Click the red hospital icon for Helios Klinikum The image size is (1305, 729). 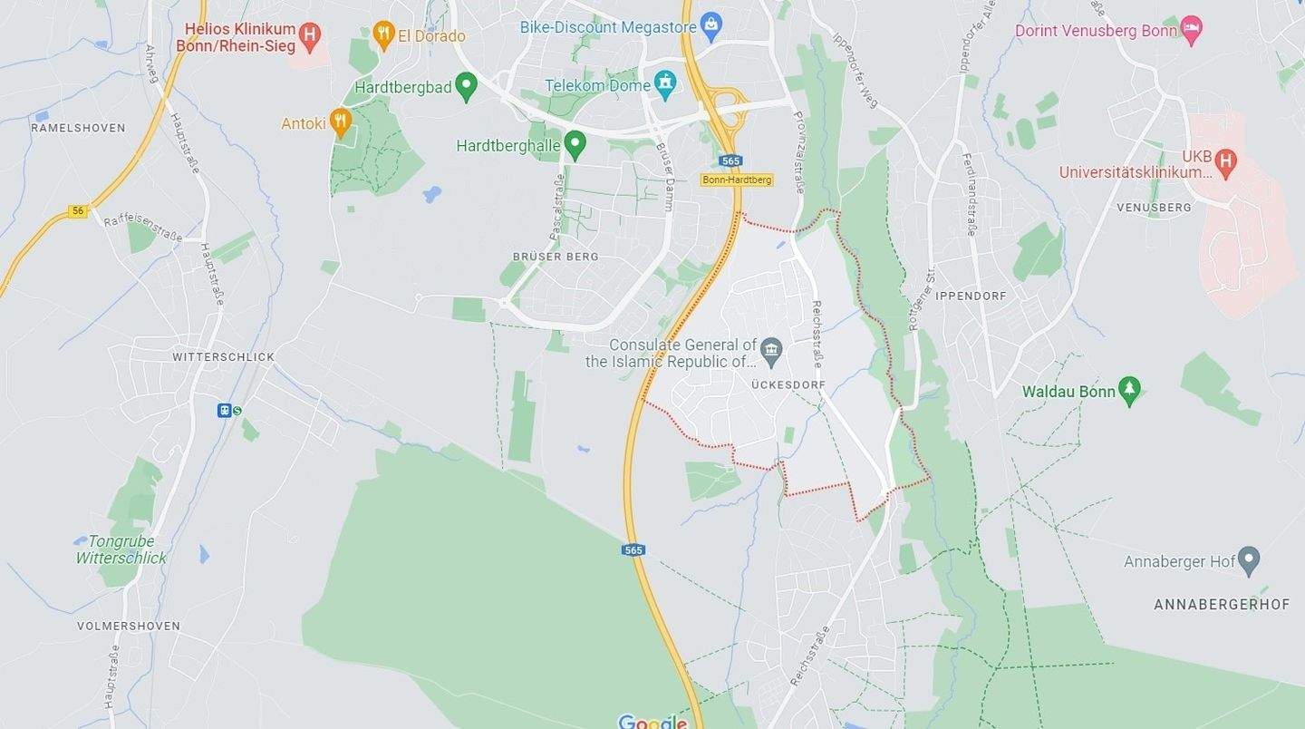(x=310, y=36)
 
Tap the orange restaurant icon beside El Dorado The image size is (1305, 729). (x=383, y=35)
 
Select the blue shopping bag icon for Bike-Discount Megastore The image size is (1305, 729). (x=711, y=25)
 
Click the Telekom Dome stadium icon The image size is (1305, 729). (x=665, y=84)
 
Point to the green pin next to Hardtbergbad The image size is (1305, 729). (x=466, y=87)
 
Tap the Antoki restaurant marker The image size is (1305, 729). (x=341, y=121)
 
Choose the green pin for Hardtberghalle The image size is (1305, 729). (x=574, y=143)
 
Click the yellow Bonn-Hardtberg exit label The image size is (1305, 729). (x=736, y=180)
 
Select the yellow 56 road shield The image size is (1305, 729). (x=78, y=211)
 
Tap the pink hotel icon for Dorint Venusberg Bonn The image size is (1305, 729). (x=1192, y=30)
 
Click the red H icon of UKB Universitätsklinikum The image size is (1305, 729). (x=1225, y=161)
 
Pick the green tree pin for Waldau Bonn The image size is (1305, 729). (x=1129, y=391)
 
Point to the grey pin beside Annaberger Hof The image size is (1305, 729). (x=1249, y=560)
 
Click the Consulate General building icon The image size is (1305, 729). (x=771, y=349)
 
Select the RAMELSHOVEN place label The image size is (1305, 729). (x=78, y=128)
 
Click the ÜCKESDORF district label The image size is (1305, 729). (x=788, y=384)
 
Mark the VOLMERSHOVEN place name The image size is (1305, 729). (x=128, y=626)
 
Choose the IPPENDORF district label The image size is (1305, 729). (x=971, y=296)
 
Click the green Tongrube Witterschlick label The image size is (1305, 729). (x=121, y=549)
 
